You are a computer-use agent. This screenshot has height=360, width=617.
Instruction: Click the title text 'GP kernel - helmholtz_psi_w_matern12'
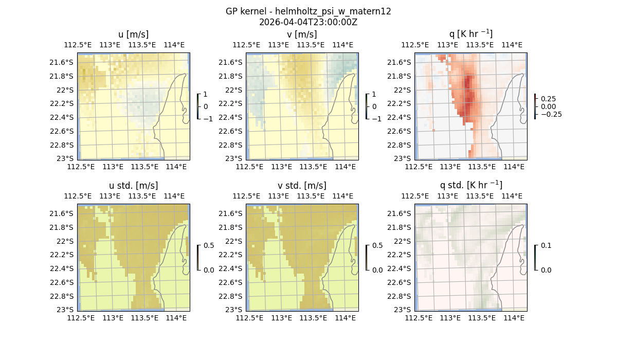(308, 11)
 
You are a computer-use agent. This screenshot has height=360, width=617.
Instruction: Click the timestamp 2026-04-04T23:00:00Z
(308, 22)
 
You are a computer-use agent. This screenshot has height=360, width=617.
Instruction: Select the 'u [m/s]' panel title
(133, 34)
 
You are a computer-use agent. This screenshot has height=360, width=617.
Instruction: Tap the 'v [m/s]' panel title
(302, 34)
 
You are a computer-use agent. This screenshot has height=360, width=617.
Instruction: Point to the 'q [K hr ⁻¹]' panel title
(470, 34)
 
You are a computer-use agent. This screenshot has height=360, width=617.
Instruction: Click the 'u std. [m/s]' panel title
(133, 186)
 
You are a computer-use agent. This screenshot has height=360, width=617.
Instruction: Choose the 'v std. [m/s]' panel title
(302, 186)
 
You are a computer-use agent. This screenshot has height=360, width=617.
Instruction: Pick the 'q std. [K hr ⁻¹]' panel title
(470, 185)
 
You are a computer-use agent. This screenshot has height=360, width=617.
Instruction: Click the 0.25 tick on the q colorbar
(548, 99)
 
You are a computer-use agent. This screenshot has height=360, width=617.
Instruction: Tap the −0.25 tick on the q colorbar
(551, 114)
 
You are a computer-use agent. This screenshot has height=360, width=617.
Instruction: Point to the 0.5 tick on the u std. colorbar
(209, 246)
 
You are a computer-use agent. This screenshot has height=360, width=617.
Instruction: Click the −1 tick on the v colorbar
(377, 118)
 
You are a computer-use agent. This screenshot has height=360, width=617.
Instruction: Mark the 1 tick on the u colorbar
(206, 95)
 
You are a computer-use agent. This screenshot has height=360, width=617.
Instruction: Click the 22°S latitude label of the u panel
(65, 90)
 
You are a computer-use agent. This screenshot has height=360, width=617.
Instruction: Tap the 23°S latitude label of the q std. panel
(402, 310)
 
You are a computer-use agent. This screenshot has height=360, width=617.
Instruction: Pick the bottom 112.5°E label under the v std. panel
(249, 318)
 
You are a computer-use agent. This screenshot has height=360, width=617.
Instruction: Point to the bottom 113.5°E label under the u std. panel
(144, 318)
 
